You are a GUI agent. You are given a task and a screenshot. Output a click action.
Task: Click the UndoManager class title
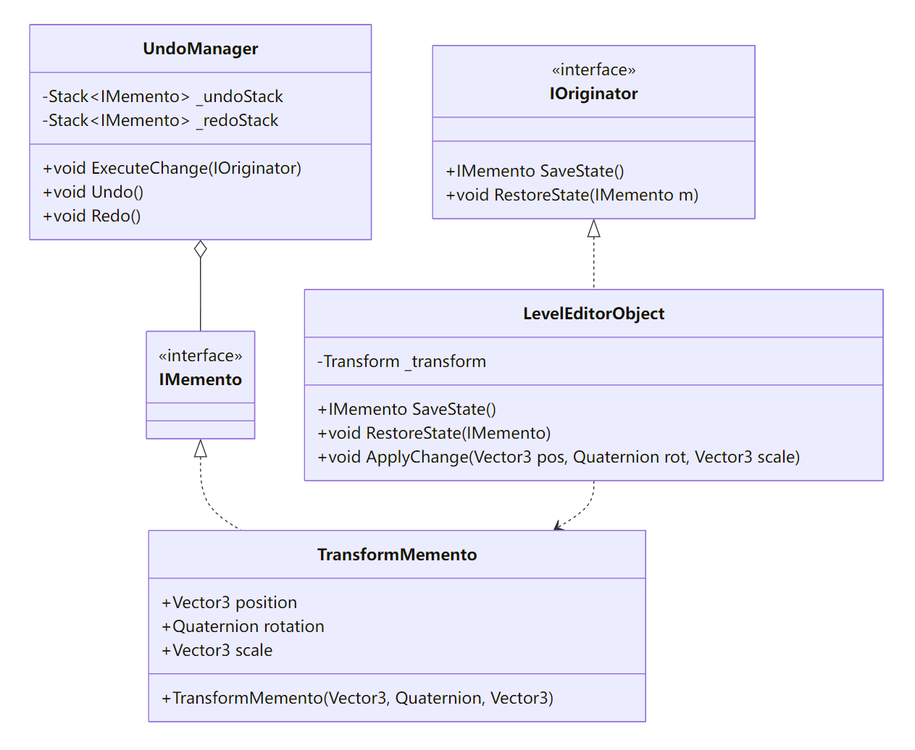[x=200, y=49]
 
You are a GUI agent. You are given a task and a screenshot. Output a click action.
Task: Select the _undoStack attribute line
[x=162, y=96]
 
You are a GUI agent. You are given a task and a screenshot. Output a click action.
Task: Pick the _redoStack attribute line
[x=160, y=120]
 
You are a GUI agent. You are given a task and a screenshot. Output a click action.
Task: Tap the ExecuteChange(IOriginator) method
[x=172, y=168]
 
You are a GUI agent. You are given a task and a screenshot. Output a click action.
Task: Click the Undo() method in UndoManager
[x=93, y=192]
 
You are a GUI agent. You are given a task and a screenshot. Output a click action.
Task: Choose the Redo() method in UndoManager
[x=91, y=216]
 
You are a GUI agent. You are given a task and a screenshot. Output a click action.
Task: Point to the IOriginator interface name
[x=593, y=93]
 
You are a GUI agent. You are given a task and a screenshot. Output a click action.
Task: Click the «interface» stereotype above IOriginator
[x=593, y=69]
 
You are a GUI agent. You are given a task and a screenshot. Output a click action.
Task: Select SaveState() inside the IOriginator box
[x=535, y=171]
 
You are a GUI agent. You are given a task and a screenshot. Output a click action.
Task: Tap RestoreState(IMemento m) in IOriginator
[x=572, y=195]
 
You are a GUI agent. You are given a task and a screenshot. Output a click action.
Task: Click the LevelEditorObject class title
[x=593, y=313]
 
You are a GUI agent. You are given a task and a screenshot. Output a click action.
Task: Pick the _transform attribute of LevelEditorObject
[x=401, y=361]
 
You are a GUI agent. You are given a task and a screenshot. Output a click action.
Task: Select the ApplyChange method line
[x=559, y=457]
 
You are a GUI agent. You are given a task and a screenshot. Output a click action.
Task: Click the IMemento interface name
[x=200, y=379]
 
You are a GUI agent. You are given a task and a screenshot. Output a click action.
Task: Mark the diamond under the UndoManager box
[x=201, y=249]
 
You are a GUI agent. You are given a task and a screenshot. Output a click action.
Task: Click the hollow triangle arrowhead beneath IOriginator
[x=593, y=229]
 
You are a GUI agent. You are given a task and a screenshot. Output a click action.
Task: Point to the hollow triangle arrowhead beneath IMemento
[x=201, y=449]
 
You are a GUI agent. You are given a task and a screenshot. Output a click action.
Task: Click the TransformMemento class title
[x=397, y=555]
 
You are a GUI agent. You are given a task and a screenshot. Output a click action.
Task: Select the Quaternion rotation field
[x=243, y=626]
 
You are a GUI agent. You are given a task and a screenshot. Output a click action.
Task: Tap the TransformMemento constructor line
[x=357, y=698]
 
